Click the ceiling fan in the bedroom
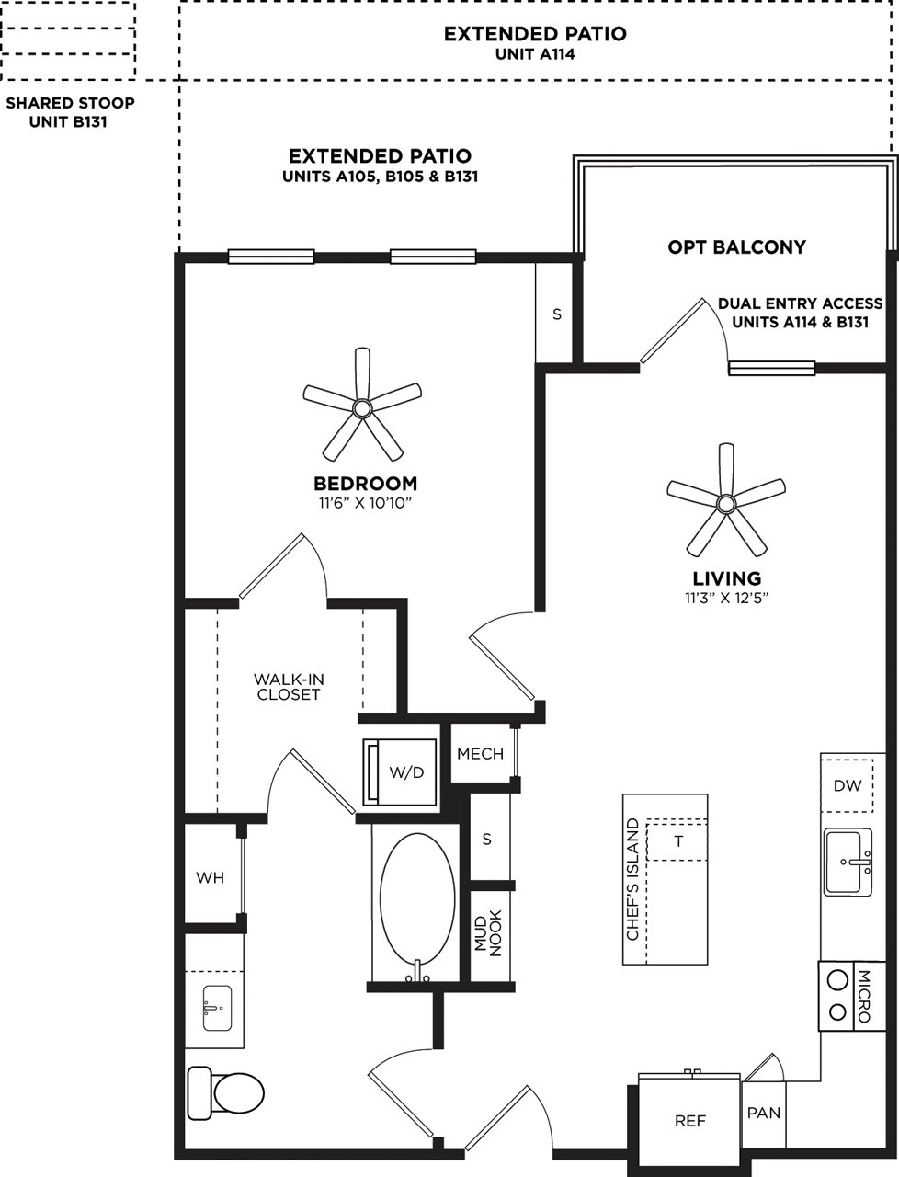coord(362,406)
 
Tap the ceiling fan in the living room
coord(726,502)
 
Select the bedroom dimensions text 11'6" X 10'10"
coord(365,503)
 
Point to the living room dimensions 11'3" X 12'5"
coord(726,599)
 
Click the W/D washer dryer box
coord(402,771)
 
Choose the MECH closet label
coord(480,754)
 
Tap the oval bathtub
coord(416,907)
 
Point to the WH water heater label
coord(211,878)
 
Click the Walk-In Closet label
coord(289,687)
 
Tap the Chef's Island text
coord(632,879)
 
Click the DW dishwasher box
coord(847,785)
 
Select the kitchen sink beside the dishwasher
coord(848,861)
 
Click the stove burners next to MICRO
coord(836,997)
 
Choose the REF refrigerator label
coord(689,1121)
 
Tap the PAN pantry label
coord(763,1113)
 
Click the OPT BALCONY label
coord(736,246)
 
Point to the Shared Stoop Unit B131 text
coord(70,111)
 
